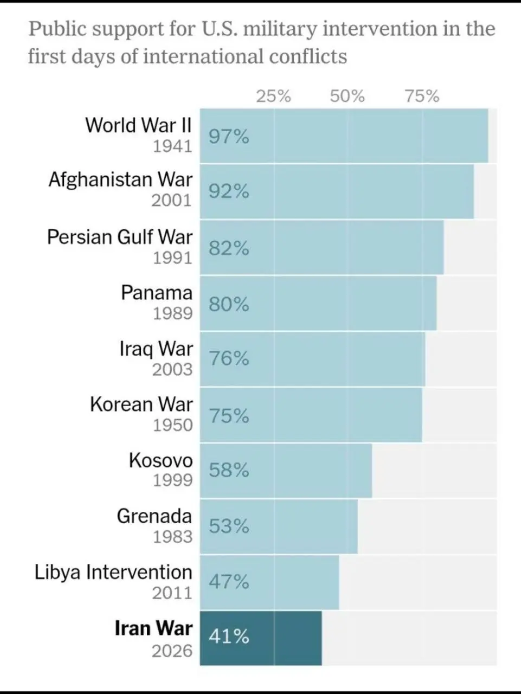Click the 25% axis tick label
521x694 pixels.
(273, 97)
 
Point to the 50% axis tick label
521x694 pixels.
(347, 97)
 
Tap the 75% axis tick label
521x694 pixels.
(422, 97)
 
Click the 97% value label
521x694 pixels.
(229, 137)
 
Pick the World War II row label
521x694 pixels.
(139, 125)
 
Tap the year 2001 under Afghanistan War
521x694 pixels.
(172, 201)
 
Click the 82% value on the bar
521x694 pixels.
(229, 248)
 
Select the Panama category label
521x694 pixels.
(157, 293)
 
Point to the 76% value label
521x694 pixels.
(229, 359)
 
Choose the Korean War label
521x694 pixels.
(141, 404)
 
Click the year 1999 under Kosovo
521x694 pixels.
(172, 480)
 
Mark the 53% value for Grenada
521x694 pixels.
(229, 526)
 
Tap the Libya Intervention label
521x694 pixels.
(113, 572)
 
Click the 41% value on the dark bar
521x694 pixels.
(229, 637)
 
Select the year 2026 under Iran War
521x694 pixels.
(172, 651)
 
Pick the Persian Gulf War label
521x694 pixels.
(120, 237)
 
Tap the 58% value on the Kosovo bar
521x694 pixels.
(229, 470)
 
